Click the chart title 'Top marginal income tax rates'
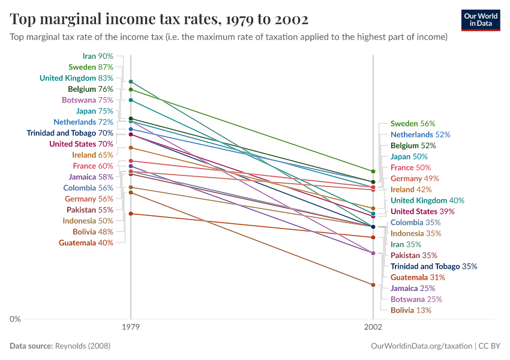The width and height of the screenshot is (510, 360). [x=159, y=20]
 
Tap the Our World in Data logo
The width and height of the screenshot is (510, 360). [x=481, y=20]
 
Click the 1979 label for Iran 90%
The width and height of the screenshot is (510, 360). [x=98, y=56]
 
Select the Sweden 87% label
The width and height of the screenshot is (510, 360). [x=91, y=67]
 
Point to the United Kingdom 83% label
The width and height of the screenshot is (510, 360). [x=76, y=78]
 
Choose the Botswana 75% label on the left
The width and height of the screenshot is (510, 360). [x=87, y=100]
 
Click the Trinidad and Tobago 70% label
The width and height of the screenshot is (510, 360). [x=70, y=133]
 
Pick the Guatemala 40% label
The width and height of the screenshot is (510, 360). [x=86, y=243]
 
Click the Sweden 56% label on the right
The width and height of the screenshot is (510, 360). [x=413, y=124]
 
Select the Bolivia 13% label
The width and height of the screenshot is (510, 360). [x=410, y=310]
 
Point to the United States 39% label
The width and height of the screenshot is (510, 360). [x=422, y=211]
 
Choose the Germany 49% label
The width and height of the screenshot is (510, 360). [x=415, y=178]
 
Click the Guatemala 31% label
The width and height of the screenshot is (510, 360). [x=418, y=277]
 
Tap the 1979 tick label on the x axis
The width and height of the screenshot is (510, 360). [x=131, y=328]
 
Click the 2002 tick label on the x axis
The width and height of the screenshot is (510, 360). [x=373, y=328]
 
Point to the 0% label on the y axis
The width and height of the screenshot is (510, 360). [x=15, y=319]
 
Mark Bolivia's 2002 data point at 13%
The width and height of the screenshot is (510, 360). [x=373, y=285]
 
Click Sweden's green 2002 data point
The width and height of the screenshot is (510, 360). [x=373, y=171]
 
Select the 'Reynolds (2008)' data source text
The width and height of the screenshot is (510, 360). [x=82, y=346]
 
